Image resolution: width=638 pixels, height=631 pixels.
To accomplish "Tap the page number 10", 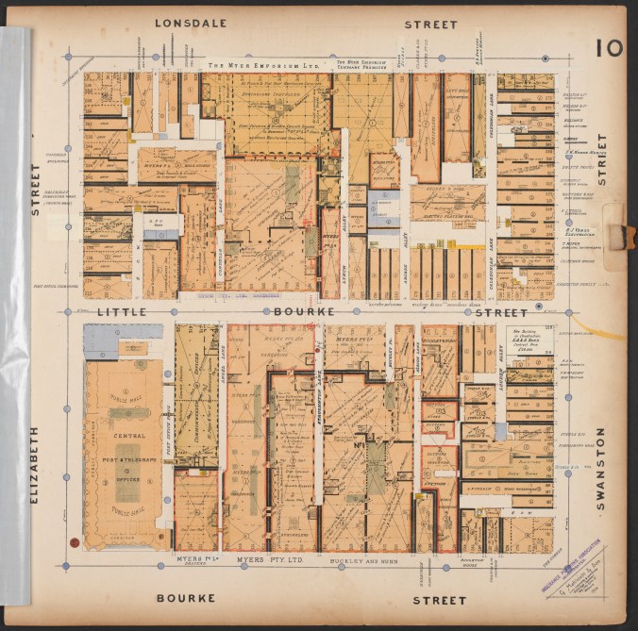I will [x=609, y=46].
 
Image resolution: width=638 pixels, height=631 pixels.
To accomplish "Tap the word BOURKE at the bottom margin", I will [x=186, y=598].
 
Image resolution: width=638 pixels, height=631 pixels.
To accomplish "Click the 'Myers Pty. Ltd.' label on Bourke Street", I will [x=263, y=559].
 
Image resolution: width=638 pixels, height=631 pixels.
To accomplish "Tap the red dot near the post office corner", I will [x=74, y=541].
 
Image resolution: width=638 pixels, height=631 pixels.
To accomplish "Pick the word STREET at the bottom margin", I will [x=440, y=599].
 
